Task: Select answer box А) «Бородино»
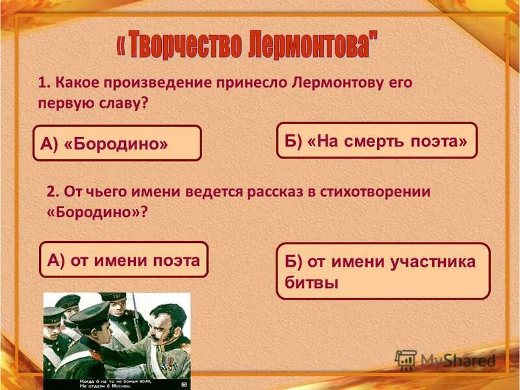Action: [x=117, y=143]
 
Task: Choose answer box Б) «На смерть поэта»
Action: [x=376, y=140]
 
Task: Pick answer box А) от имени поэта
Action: [x=123, y=260]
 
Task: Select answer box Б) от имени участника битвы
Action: [x=382, y=271]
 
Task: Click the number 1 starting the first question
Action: [x=42, y=83]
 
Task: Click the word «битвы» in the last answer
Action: [x=312, y=283]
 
